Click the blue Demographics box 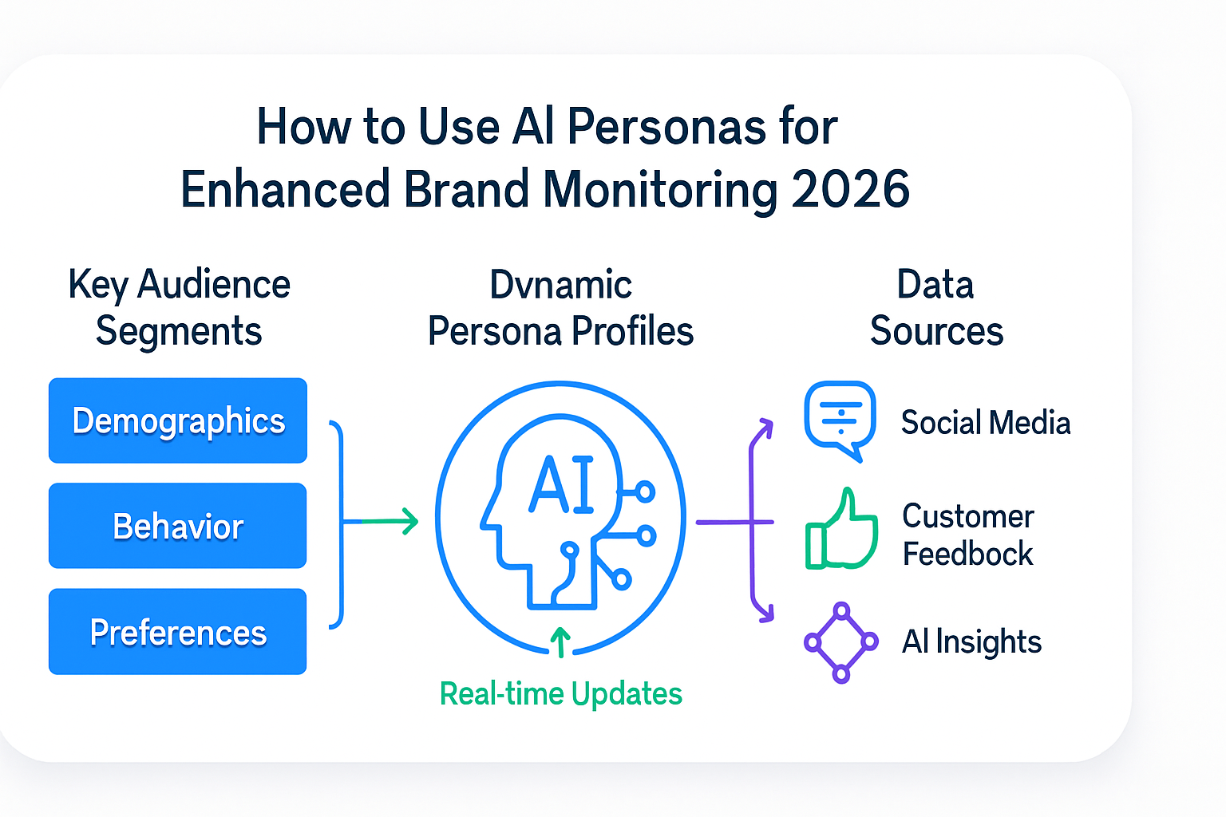tap(178, 420)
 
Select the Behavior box tap(178, 525)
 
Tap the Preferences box tap(178, 631)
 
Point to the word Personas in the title tap(666, 127)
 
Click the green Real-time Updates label tap(561, 694)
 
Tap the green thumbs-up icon tap(841, 529)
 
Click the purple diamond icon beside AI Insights tap(841, 642)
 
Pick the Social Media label tap(986, 422)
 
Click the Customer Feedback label tap(968, 535)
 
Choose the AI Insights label tap(971, 641)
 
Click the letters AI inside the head tap(562, 484)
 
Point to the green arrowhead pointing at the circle tap(410, 521)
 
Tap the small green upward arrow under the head tap(560, 641)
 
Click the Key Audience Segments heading tap(179, 307)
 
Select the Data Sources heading tap(936, 307)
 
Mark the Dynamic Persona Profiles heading tap(561, 307)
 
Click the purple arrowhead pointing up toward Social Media tap(765, 427)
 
